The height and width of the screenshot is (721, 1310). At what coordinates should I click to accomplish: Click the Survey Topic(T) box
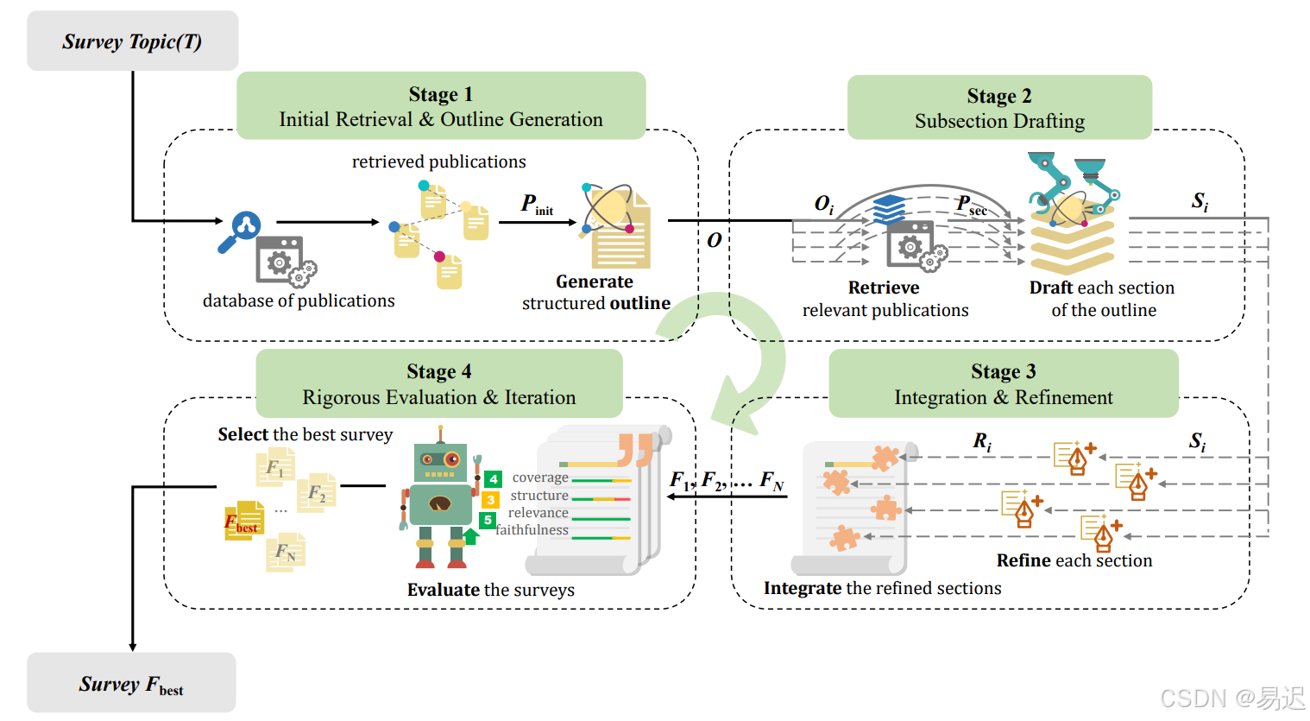click(133, 41)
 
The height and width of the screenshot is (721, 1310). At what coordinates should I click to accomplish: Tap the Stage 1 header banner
click(441, 105)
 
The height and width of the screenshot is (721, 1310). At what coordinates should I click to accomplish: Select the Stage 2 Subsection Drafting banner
click(999, 107)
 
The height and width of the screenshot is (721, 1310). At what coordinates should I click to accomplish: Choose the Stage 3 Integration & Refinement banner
click(1004, 383)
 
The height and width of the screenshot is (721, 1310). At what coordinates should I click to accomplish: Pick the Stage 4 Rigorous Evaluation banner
click(439, 383)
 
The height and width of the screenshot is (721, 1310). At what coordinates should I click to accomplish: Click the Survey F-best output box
click(131, 682)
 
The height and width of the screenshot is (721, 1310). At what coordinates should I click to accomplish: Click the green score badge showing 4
click(493, 479)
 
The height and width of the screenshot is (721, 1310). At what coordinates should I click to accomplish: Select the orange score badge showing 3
click(490, 500)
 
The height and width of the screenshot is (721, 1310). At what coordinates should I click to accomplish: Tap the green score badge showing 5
click(488, 520)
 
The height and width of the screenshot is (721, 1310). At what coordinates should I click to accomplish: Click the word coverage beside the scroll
click(540, 478)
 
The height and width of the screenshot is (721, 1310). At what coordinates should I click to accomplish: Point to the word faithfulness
click(532, 529)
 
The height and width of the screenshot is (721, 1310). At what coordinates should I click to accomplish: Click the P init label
click(537, 205)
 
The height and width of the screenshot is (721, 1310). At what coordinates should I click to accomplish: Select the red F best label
click(241, 523)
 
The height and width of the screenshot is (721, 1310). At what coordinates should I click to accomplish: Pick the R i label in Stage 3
click(982, 442)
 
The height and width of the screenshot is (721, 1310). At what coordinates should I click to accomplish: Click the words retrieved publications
click(438, 161)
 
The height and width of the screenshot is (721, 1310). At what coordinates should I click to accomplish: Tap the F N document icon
click(286, 552)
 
